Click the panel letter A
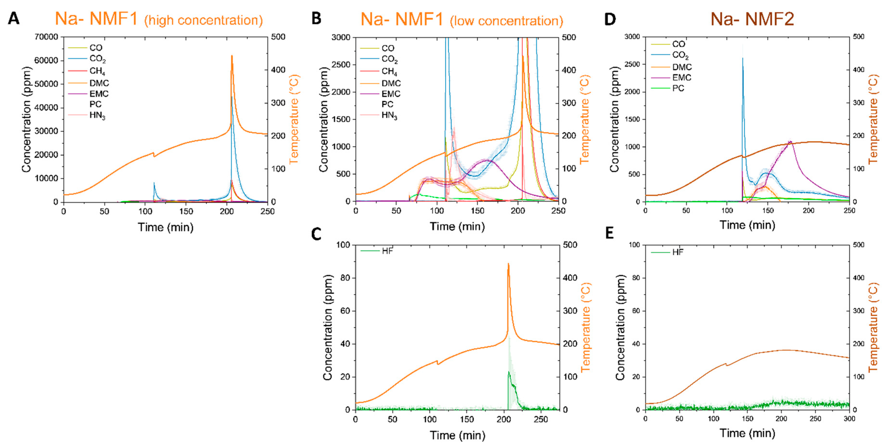13,19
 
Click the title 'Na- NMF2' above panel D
752,19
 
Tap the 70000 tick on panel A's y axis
46,37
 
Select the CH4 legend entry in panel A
97,71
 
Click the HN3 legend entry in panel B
389,115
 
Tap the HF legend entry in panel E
678,252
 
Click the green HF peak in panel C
509,372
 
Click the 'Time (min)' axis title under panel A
165,227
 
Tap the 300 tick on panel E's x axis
849,418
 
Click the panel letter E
609,233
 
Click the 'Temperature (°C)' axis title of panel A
294,119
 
